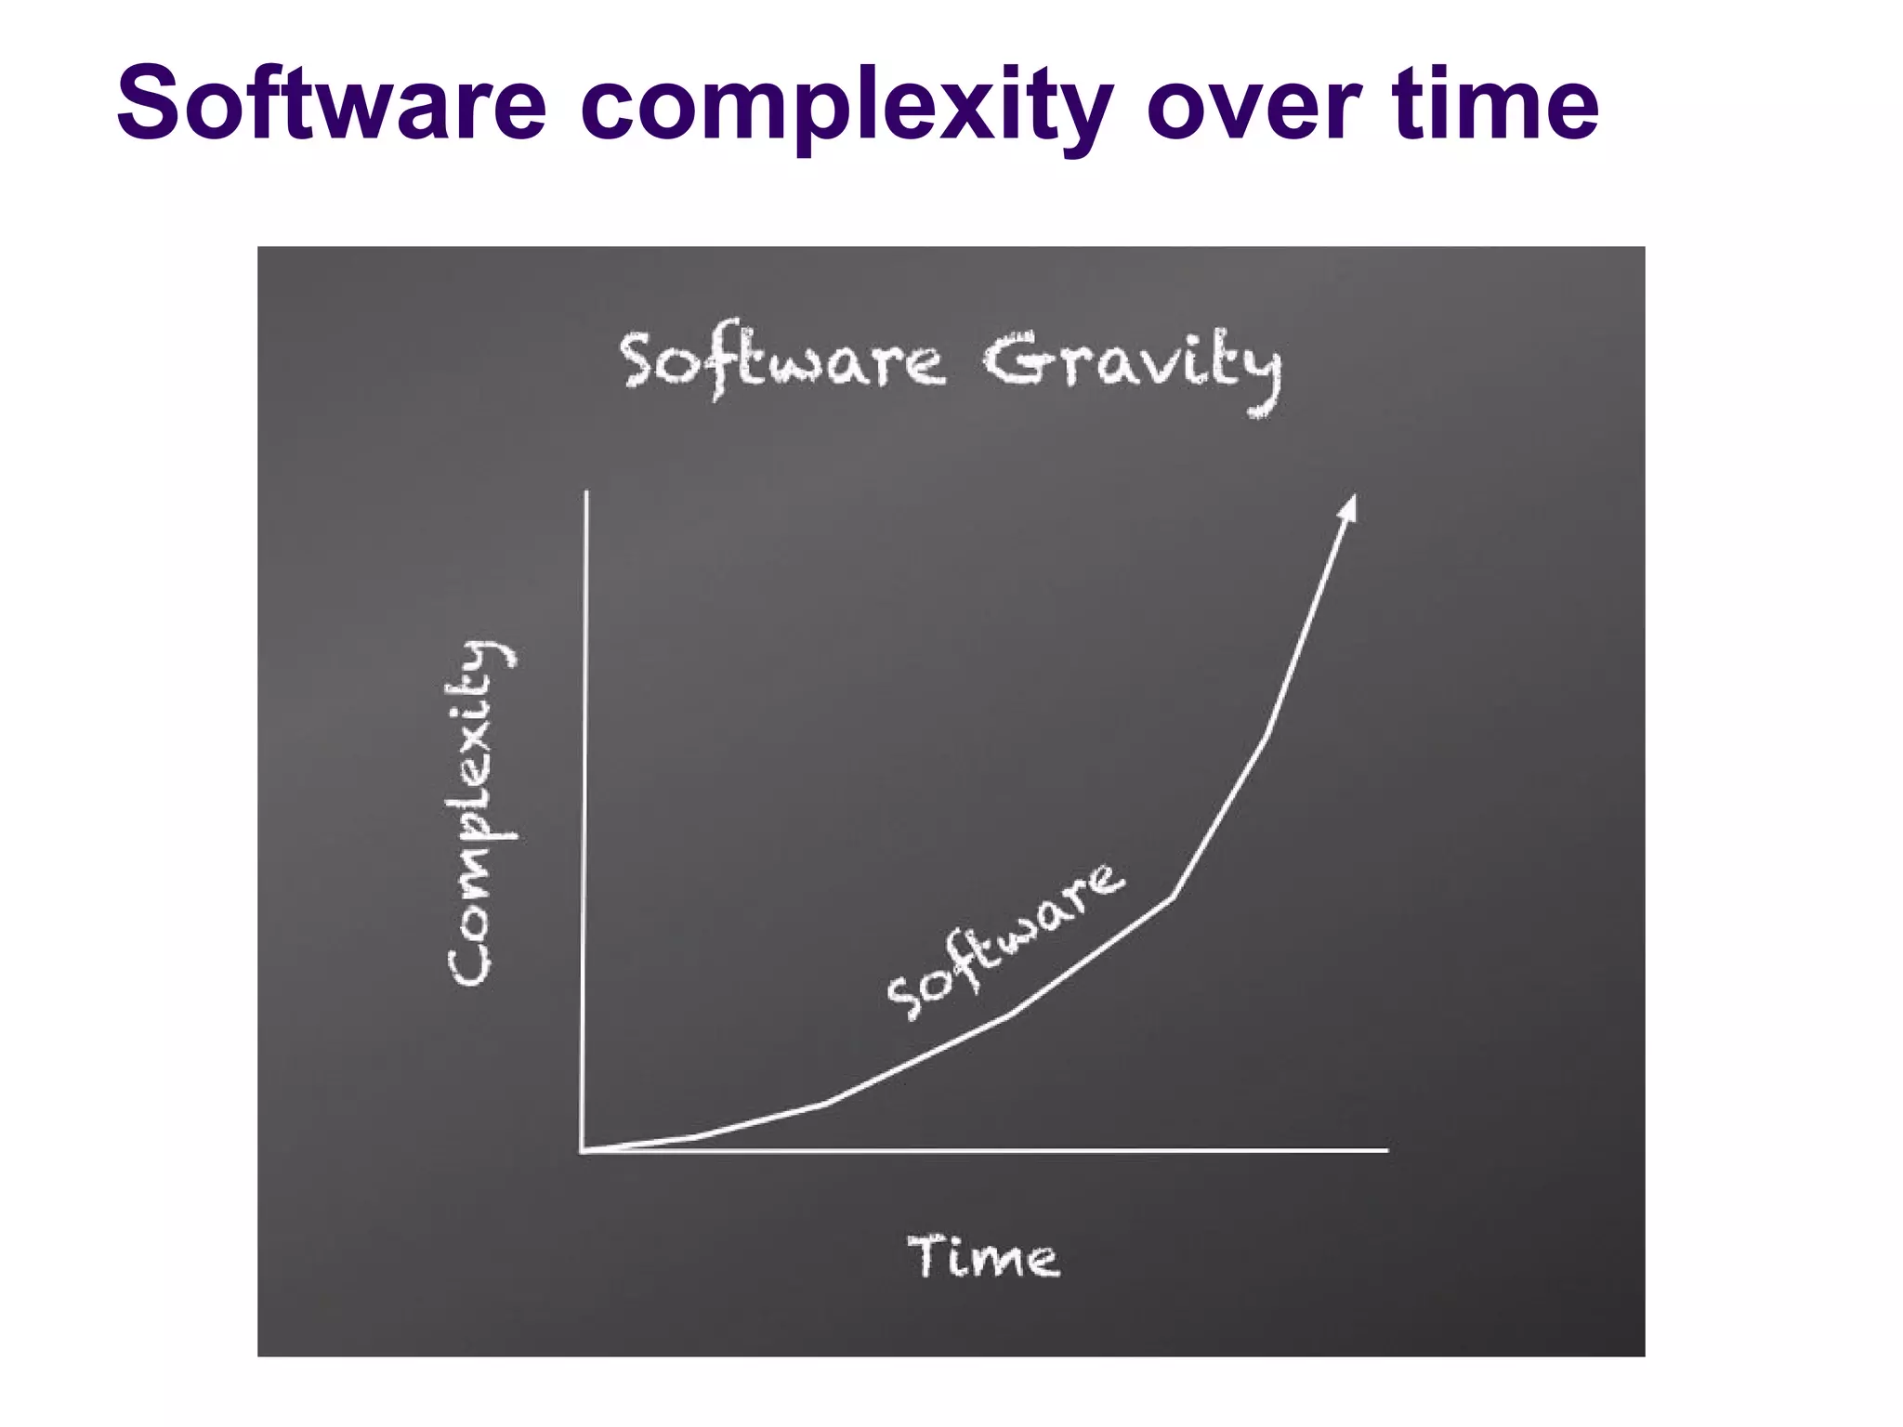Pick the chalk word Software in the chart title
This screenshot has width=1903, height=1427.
(782, 363)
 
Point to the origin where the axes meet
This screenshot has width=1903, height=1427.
(583, 1151)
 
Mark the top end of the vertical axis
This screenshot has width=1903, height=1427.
(586, 493)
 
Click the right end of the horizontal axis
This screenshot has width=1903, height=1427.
(1385, 1150)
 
